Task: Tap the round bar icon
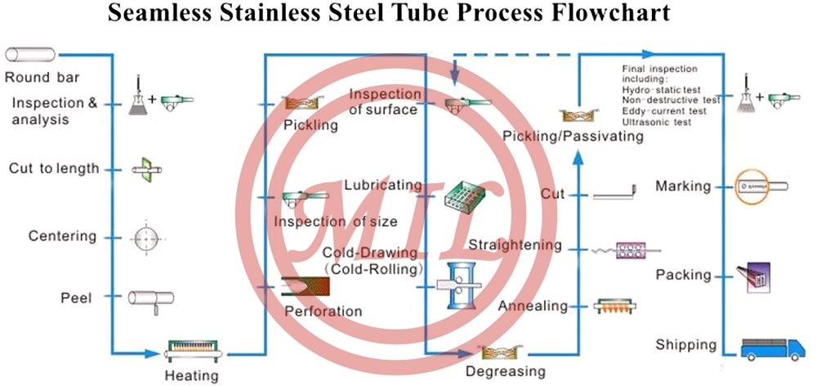click(31, 55)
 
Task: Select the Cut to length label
click(54, 168)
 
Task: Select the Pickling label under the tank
click(310, 125)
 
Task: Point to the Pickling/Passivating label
click(574, 135)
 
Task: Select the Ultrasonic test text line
click(656, 122)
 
